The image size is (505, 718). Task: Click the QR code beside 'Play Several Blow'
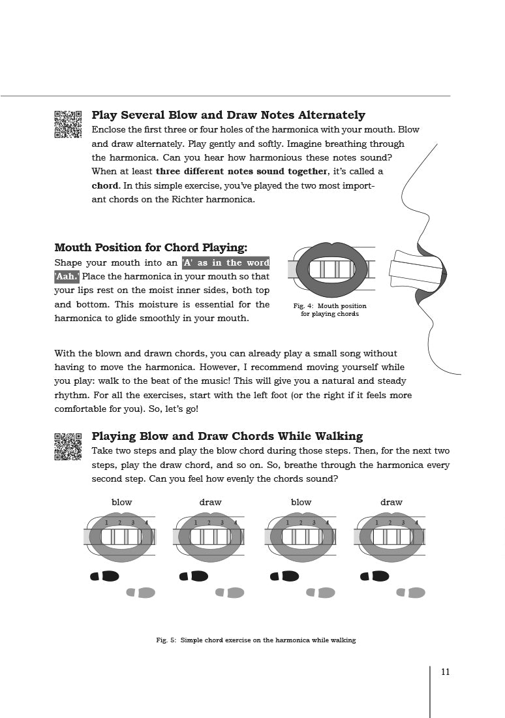tap(68, 124)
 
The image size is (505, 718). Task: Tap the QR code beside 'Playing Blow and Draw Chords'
tap(68, 446)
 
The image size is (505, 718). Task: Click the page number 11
tap(445, 672)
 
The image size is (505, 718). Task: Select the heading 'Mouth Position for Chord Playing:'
tap(151, 247)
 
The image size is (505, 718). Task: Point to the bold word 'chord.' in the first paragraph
tap(105, 185)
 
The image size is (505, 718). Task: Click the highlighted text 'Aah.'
tap(67, 276)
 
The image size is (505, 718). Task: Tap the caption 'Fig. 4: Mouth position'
tap(329, 306)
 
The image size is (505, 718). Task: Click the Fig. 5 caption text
tap(256, 640)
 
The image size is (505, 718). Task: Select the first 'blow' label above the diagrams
tap(121, 502)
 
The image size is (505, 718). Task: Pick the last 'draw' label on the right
tap(391, 502)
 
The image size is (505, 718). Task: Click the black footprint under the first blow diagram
tap(104, 576)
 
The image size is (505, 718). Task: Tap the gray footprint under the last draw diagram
tap(410, 593)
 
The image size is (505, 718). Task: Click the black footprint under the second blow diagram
tap(284, 576)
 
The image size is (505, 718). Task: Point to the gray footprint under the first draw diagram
tap(230, 593)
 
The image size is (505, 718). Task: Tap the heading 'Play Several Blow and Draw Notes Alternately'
tap(228, 115)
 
